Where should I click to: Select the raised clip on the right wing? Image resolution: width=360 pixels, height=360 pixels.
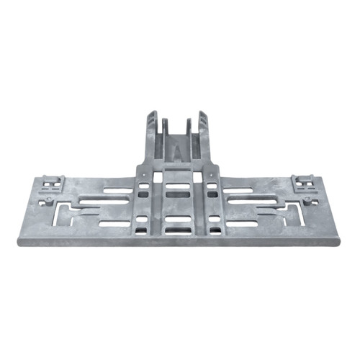pyautogui.click(x=303, y=183)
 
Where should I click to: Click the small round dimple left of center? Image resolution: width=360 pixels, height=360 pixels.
pyautogui.click(x=143, y=175)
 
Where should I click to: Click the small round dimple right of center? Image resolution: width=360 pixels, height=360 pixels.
pyautogui.click(x=211, y=175)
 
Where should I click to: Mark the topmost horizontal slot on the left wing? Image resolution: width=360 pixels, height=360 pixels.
pyautogui.click(x=117, y=190)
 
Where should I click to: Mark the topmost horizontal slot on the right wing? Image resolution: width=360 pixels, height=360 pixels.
pyautogui.click(x=238, y=190)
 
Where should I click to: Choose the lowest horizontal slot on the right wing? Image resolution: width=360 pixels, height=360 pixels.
pyautogui.click(x=242, y=224)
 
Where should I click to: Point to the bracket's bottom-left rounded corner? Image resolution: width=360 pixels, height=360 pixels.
pyautogui.click(x=20, y=242)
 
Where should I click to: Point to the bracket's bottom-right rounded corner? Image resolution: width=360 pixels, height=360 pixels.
pyautogui.click(x=338, y=242)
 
